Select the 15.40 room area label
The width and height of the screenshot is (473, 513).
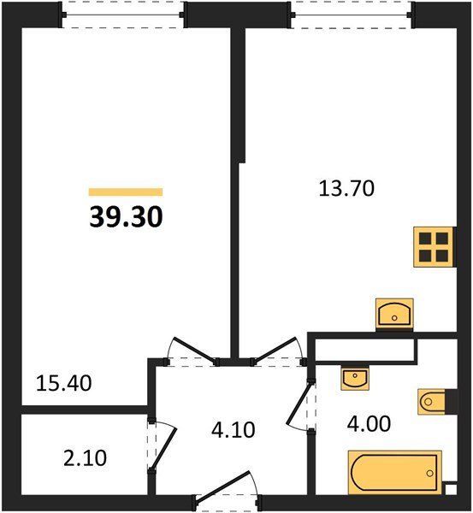[x=63, y=382]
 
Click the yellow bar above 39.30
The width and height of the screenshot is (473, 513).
[x=126, y=192]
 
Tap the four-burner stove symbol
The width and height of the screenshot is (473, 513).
[x=433, y=246]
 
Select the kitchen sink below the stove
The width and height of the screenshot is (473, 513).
[x=394, y=313]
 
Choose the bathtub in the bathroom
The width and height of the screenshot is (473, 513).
[x=394, y=472]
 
